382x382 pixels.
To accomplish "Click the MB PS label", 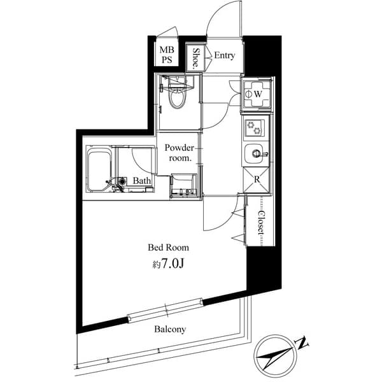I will (x=167, y=55).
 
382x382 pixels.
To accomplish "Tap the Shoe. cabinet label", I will (x=196, y=58).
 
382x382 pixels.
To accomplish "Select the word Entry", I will (x=224, y=55).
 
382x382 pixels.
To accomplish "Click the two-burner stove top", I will (x=257, y=127).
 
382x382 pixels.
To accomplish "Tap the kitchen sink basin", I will (x=256, y=153).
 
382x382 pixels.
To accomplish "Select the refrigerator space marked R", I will (x=257, y=179).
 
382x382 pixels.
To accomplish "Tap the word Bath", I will (x=143, y=181).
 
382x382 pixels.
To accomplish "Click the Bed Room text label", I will (x=168, y=247).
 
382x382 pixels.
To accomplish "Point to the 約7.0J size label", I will (x=169, y=263).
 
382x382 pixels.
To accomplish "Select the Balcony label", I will (x=169, y=329).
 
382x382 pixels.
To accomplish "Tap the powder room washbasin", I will (x=185, y=184).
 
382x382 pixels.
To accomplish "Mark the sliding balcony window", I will (x=167, y=310).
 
